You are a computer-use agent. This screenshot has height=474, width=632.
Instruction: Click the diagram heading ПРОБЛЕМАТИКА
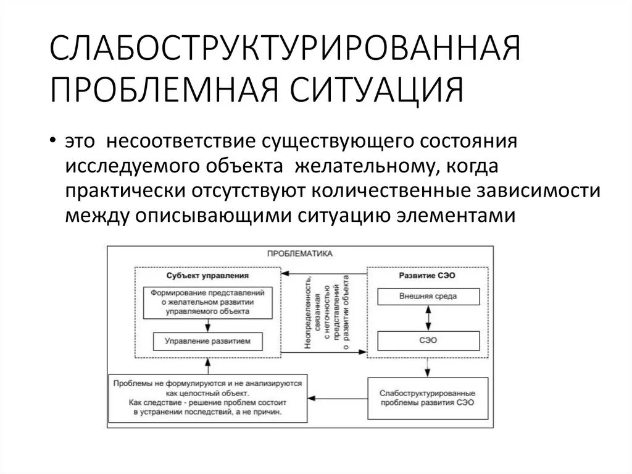(300, 253)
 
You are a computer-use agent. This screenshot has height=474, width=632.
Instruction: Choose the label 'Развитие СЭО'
(427, 275)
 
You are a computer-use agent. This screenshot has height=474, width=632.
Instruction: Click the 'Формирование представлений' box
(207, 302)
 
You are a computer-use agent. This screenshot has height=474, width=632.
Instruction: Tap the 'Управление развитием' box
(207, 341)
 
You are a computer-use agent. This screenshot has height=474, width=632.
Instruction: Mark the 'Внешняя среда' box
(427, 297)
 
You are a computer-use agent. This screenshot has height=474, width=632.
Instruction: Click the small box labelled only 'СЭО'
(427, 341)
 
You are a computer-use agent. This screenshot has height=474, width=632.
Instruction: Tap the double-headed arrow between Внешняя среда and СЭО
(427, 318)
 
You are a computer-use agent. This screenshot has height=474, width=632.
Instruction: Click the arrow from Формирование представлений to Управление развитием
(207, 325)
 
